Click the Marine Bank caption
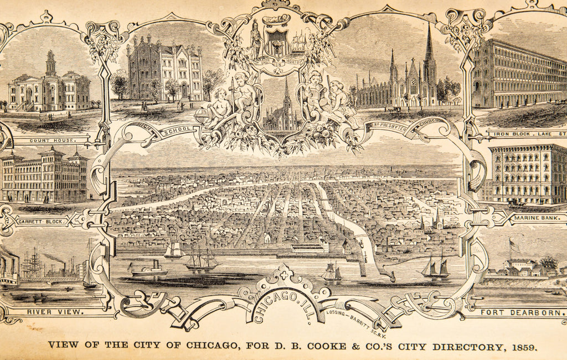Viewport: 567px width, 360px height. (537, 218)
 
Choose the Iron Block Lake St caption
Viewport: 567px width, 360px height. (526, 133)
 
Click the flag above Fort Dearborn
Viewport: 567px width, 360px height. (515, 244)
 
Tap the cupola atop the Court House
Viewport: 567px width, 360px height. (50, 62)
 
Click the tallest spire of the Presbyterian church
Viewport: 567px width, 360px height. (429, 44)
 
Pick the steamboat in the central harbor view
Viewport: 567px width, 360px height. (148, 270)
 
